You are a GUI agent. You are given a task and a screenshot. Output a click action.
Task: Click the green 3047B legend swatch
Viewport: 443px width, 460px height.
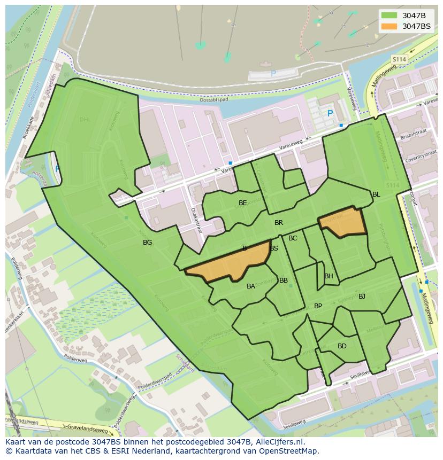tap(389, 15)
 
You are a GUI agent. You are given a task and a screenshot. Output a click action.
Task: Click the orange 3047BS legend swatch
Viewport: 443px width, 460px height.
tap(389, 26)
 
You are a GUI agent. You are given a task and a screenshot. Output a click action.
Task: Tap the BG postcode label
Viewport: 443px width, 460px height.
tap(147, 243)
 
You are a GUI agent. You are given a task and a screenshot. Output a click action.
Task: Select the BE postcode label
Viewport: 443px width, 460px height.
tap(243, 203)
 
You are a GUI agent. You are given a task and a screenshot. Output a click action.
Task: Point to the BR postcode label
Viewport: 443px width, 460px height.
tap(279, 223)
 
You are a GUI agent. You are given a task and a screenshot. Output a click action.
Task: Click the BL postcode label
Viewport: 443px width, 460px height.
tap(376, 194)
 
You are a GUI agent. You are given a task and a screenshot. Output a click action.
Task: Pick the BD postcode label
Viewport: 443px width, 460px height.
tap(342, 346)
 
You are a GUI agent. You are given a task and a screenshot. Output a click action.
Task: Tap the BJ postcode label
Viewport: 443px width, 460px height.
tap(362, 297)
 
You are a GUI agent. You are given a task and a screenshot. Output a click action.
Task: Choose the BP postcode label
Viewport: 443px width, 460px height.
tap(318, 306)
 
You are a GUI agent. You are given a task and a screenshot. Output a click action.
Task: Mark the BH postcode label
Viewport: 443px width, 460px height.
tap(329, 276)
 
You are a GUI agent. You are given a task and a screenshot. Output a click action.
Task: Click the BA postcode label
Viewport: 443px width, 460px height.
tap(251, 286)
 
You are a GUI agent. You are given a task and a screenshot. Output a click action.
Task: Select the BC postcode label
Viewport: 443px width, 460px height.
tap(293, 238)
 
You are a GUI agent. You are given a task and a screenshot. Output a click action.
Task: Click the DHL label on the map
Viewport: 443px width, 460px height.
tap(86, 119)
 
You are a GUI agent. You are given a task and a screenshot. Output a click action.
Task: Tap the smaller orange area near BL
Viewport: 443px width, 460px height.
tap(343, 223)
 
